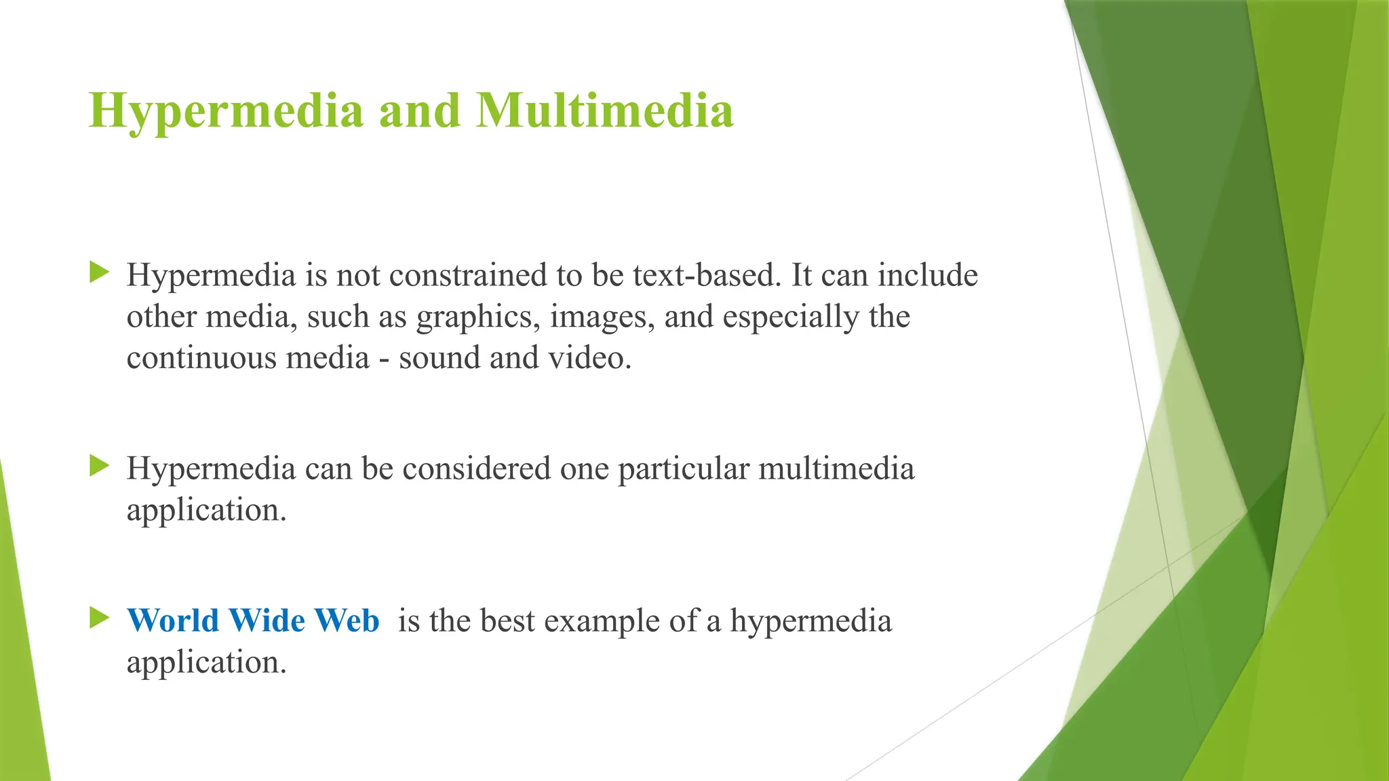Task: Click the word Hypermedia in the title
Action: click(226, 111)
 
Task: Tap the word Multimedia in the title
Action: click(604, 110)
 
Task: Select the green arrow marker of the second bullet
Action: click(99, 466)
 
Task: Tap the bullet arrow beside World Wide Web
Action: click(99, 618)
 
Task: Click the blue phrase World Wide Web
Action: click(253, 620)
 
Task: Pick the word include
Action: click(927, 275)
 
